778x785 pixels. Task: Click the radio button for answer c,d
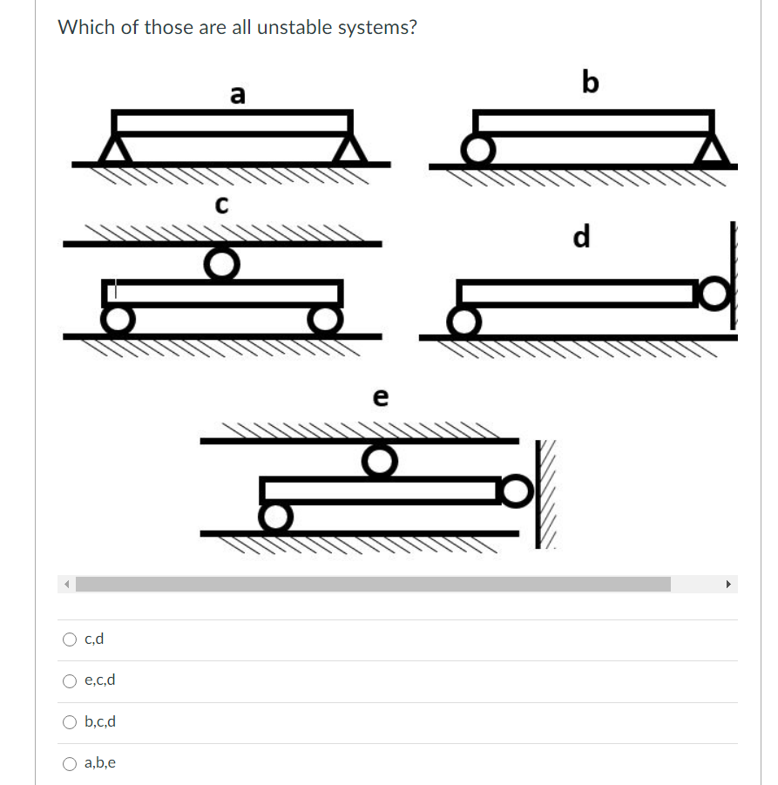[x=71, y=640]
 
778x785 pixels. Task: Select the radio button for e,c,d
[x=71, y=680]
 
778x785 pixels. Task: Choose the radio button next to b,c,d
[x=71, y=721]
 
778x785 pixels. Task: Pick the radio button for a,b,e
[x=71, y=763]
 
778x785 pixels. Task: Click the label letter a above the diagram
[x=238, y=93]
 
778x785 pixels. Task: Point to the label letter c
[x=221, y=205]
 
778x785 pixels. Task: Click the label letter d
[x=581, y=235]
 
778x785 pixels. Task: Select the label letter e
[x=380, y=397]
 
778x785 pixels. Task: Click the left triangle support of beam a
[x=114, y=148]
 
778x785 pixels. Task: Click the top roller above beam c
[x=222, y=262]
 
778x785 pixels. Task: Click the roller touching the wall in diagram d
[x=714, y=293]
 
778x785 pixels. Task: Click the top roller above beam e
[x=379, y=460]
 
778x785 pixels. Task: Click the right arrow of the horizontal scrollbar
[x=729, y=584]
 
